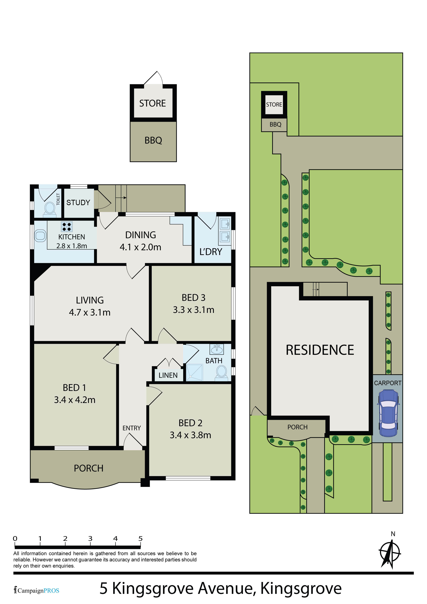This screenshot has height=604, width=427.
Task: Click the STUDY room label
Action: [78, 203]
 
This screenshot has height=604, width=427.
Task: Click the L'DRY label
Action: [211, 252]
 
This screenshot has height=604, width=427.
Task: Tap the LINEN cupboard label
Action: [168, 375]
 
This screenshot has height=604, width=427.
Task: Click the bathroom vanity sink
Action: [217, 349]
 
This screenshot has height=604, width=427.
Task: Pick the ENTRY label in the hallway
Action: [132, 428]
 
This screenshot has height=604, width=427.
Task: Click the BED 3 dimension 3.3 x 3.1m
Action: [193, 310]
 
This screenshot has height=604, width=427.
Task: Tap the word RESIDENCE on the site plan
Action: [320, 350]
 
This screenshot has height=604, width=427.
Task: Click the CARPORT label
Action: [388, 383]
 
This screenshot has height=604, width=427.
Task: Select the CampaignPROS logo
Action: [37, 590]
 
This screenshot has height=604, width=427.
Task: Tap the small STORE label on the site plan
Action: [274, 104]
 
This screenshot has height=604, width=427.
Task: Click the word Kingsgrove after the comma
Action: [301, 588]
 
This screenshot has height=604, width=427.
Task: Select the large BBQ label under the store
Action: [153, 140]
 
